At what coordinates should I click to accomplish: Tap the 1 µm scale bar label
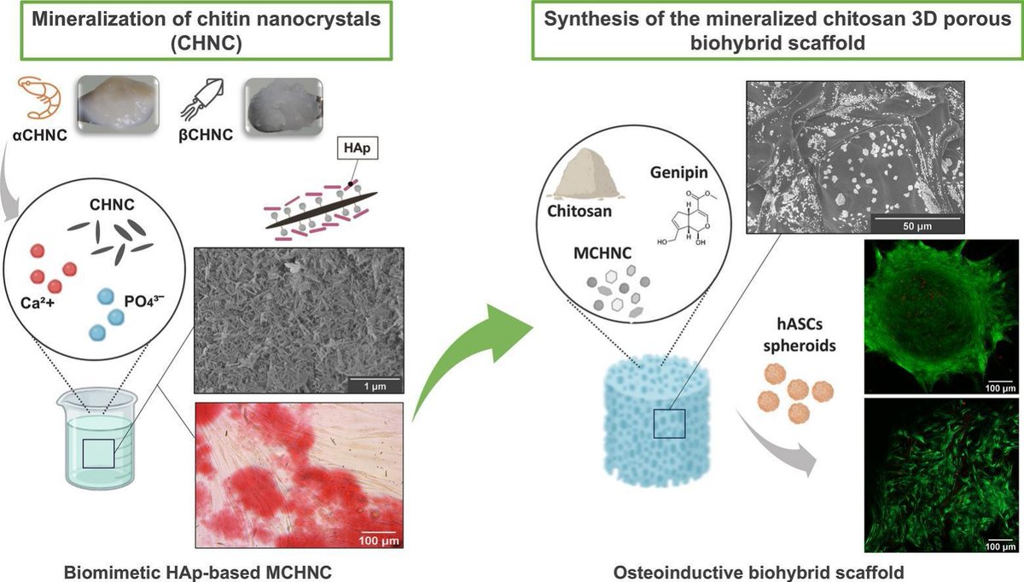coord(367,387)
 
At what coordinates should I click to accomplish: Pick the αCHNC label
coord(38,135)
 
